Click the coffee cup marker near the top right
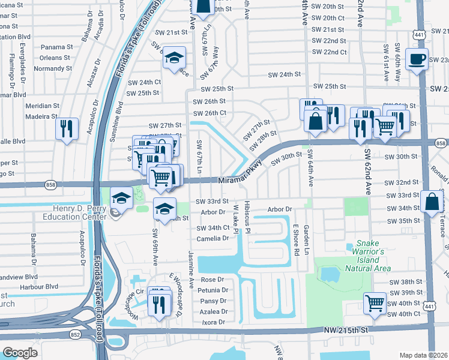(x=416, y=59)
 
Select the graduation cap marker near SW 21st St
(x=174, y=58)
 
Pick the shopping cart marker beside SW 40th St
(x=375, y=303)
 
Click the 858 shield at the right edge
(x=441, y=143)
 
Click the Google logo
(x=20, y=352)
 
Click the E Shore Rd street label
(x=296, y=239)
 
